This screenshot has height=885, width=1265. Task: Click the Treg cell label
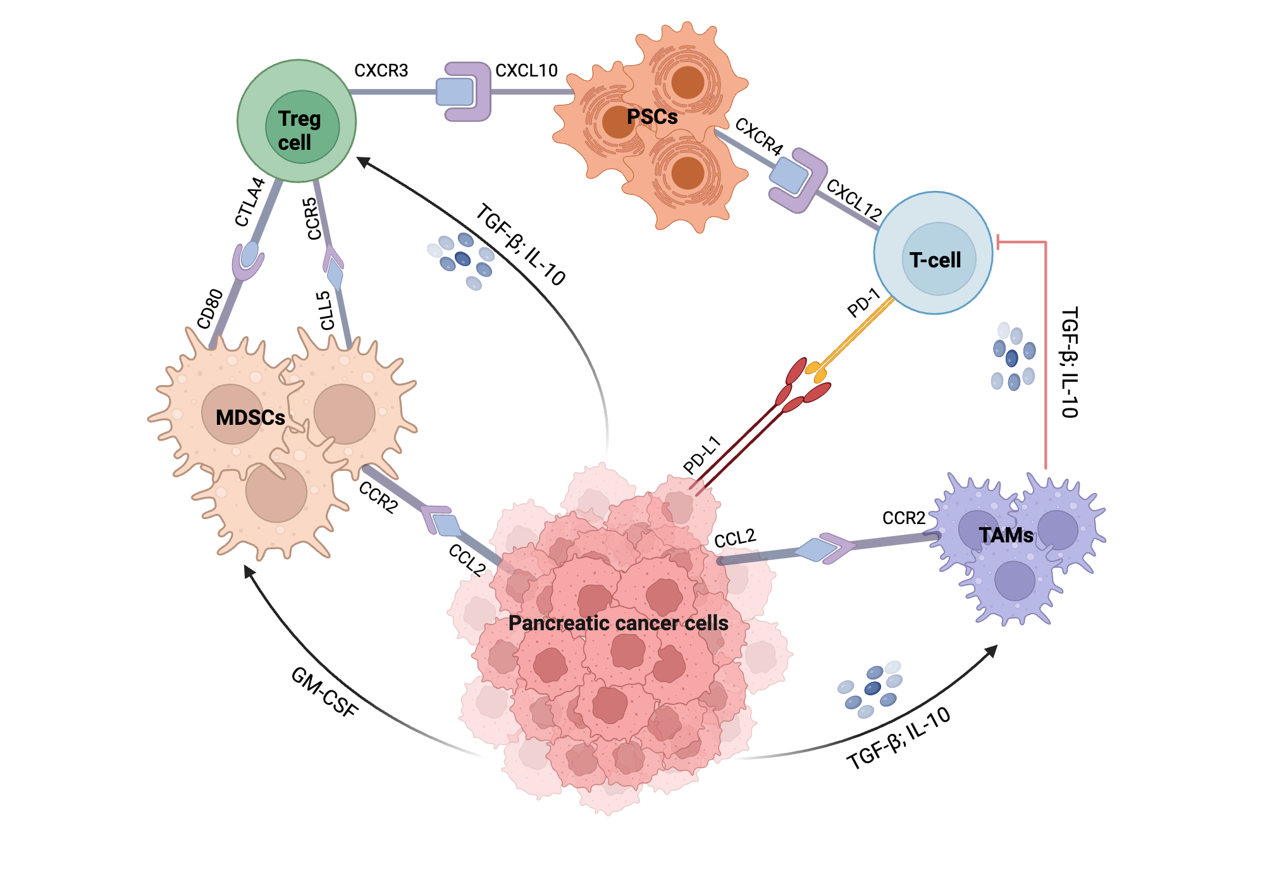pyautogui.click(x=299, y=130)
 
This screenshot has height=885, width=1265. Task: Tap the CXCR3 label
pyautogui.click(x=381, y=70)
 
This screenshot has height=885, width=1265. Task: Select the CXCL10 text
pyautogui.click(x=526, y=70)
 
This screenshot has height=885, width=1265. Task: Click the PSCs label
pyautogui.click(x=652, y=117)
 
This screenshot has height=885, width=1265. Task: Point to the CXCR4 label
pyautogui.click(x=759, y=136)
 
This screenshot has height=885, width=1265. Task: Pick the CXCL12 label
pyautogui.click(x=854, y=200)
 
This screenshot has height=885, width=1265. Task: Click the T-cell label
pyautogui.click(x=935, y=260)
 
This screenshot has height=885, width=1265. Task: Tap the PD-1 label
pyautogui.click(x=863, y=302)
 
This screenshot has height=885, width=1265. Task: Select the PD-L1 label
pyautogui.click(x=702, y=455)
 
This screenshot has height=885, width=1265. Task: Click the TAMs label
pyautogui.click(x=1006, y=535)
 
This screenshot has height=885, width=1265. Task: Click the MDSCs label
pyautogui.click(x=250, y=417)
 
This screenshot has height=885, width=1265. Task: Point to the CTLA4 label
pyautogui.click(x=249, y=202)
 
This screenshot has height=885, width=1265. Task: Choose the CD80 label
pyautogui.click(x=210, y=308)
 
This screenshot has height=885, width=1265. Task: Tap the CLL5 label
pyautogui.click(x=325, y=310)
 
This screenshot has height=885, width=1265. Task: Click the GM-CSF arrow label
pyautogui.click(x=324, y=693)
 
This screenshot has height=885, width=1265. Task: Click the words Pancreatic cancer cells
pyautogui.click(x=618, y=623)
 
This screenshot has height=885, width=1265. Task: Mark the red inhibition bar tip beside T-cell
pyautogui.click(x=999, y=241)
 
